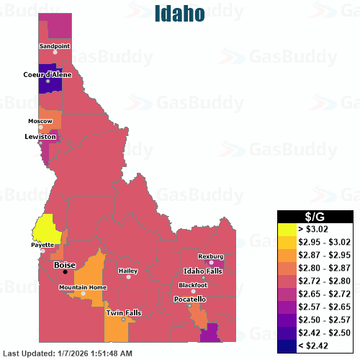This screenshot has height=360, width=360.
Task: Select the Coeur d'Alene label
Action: [48, 73]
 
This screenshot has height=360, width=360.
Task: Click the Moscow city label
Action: [40, 121]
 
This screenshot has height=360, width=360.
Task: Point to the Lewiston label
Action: [40, 136]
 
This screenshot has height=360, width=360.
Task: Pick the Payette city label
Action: [42, 245]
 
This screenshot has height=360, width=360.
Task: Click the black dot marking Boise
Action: [65, 272]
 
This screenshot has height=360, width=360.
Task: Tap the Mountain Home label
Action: [83, 287]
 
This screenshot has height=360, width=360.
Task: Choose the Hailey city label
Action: [127, 271]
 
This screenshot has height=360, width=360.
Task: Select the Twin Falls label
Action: [124, 313]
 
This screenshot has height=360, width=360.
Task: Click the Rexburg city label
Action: [211, 256]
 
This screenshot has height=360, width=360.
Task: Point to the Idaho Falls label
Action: [204, 270]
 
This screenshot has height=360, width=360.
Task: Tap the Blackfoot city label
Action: [193, 285]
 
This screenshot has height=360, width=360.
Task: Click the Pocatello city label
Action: [191, 299]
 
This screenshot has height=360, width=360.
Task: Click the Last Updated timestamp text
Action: [68, 354]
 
